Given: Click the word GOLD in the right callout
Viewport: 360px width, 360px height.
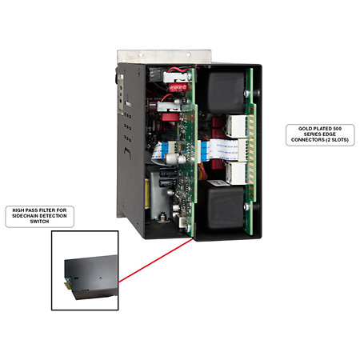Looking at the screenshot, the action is pyautogui.click(x=304, y=129).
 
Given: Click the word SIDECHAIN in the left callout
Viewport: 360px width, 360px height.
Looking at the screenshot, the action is pyautogui.click(x=24, y=216).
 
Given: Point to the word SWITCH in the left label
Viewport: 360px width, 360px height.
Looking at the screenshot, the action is pyautogui.click(x=39, y=222).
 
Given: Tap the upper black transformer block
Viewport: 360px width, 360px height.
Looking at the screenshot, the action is pyautogui.click(x=226, y=92).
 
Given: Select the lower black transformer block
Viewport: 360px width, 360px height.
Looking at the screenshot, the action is pyautogui.click(x=226, y=207).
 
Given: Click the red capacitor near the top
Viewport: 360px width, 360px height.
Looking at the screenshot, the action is pyautogui.click(x=178, y=87).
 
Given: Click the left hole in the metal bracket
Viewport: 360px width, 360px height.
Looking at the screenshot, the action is pyautogui.click(x=141, y=54).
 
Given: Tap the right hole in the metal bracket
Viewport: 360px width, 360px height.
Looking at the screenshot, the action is pyautogui.click(x=189, y=54).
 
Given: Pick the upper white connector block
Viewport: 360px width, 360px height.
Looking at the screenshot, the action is pyautogui.click(x=236, y=126).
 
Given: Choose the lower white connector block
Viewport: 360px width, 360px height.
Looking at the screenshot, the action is pyautogui.click(x=236, y=173).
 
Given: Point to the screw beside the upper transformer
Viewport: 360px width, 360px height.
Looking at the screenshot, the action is pyautogui.click(x=246, y=94).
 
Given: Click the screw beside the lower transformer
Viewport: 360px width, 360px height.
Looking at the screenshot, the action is pyautogui.click(x=246, y=206).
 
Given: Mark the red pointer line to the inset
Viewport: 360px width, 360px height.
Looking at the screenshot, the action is pyautogui.click(x=155, y=260).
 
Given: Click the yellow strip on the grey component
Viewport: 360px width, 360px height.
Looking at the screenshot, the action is pyautogui.click(x=147, y=193).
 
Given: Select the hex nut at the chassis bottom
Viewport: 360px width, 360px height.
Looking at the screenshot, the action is pyautogui.click(x=162, y=217).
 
